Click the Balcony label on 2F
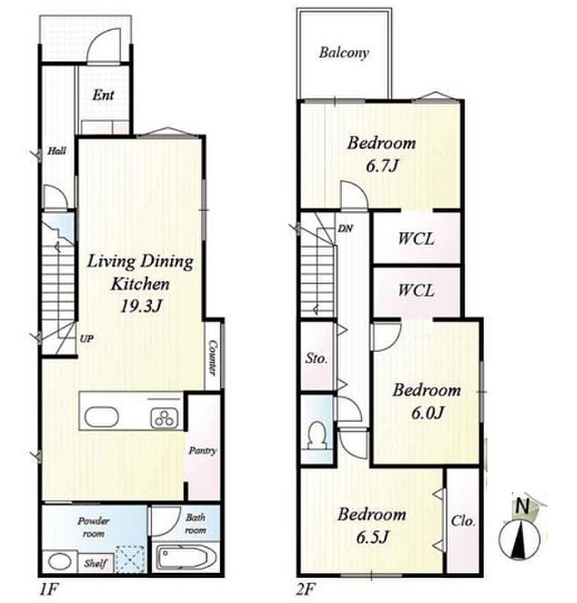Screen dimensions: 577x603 click(344, 53)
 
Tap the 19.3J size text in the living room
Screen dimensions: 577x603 click(141, 307)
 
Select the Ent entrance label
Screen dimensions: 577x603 click(103, 95)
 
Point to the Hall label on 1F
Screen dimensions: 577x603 click(57, 151)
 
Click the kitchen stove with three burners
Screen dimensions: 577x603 click(164, 418)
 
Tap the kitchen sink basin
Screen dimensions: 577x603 click(101, 417)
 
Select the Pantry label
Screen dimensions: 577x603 click(202, 451)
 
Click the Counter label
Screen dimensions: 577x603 click(212, 357)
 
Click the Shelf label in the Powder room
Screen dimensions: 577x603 click(96, 564)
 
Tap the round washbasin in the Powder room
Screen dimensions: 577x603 click(60, 562)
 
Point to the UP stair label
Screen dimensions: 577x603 click(87, 338)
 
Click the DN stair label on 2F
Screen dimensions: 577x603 click(345, 229)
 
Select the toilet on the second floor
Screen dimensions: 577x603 click(318, 436)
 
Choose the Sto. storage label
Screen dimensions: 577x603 click(316, 359)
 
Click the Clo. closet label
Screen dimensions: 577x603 click(463, 522)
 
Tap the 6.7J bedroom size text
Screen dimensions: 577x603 click(382, 166)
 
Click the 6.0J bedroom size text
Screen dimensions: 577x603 click(427, 413)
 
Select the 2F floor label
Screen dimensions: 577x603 click(307, 589)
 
